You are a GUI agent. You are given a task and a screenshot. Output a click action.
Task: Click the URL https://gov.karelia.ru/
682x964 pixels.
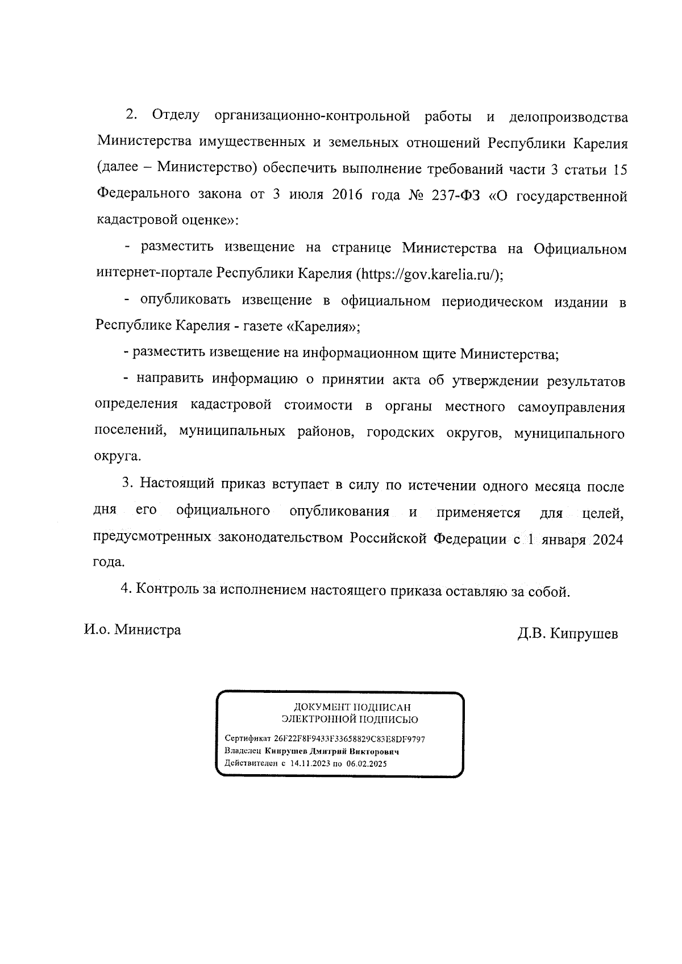point(430,274)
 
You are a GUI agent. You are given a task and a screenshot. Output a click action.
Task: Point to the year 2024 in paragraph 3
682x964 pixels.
point(608,540)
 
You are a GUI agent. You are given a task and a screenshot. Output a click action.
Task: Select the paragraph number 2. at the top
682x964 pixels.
point(131,115)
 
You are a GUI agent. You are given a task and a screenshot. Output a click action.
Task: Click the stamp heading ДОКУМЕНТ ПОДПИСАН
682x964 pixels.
point(351,708)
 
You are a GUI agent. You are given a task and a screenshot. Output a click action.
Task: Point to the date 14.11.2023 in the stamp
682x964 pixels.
point(310,764)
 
